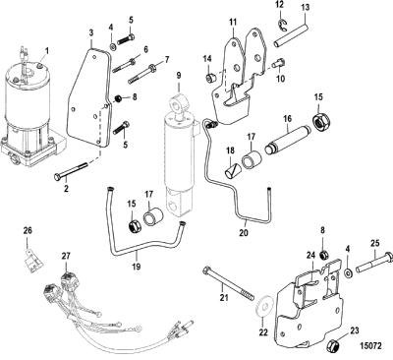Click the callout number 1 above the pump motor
point(47,51)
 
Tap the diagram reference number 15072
point(370,346)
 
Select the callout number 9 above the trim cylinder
point(179,76)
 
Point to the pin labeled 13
point(292,34)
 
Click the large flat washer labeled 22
point(265,307)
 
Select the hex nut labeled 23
point(333,345)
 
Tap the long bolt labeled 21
point(229,283)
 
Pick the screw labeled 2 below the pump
point(71,171)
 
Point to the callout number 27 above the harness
point(66,256)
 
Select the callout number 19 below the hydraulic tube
point(137,267)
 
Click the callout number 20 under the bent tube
point(244,232)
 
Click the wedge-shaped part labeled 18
point(233,171)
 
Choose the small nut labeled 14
point(209,79)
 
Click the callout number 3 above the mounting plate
point(91,33)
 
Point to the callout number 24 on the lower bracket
point(310,255)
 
